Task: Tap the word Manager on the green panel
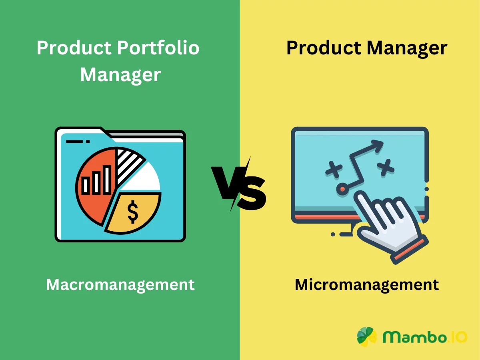point(120,75)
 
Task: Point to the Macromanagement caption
point(120,285)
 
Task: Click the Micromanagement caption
point(366,285)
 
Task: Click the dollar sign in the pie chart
point(133,212)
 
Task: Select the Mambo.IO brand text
point(424,337)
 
